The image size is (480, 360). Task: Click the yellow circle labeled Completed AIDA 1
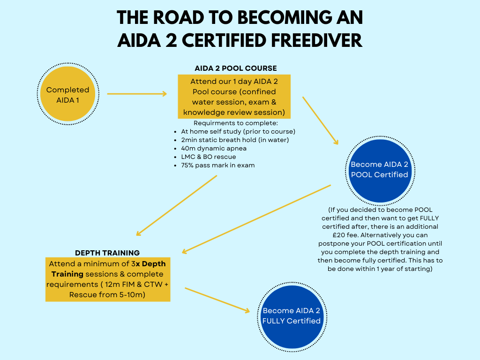point(67,94)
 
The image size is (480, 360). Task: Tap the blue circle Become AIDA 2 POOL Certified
point(380,171)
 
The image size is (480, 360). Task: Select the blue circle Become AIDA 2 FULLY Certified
point(292,317)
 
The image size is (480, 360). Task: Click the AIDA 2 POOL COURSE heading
point(236,68)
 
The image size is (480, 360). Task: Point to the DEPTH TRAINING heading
point(107,253)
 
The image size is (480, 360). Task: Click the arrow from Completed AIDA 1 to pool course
point(137,94)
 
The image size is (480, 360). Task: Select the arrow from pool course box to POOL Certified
point(321,120)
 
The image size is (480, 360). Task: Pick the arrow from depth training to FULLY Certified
point(217,300)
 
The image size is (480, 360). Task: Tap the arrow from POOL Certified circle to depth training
point(256,219)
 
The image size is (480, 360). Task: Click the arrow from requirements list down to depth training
point(176,205)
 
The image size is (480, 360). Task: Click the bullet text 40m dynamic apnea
point(214,149)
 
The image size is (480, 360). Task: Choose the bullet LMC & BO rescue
point(209,157)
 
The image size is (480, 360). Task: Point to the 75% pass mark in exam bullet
point(218,165)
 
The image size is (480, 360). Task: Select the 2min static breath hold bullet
point(235,140)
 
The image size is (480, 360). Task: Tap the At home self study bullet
point(238,132)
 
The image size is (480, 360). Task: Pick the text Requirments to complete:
point(236,123)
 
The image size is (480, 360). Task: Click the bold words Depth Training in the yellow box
point(108,269)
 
